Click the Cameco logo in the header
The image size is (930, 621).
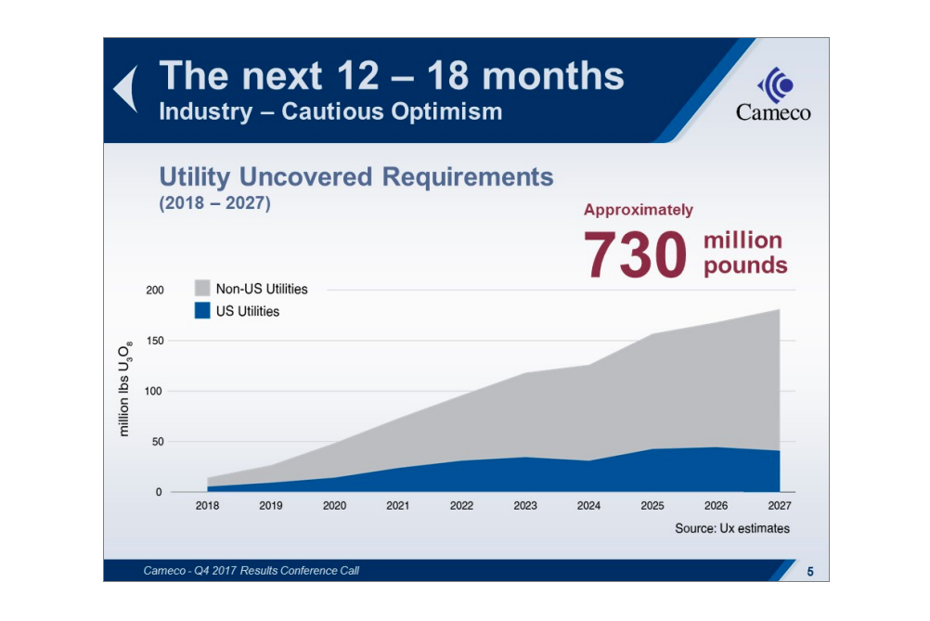point(773,96)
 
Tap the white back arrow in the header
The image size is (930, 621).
point(126,89)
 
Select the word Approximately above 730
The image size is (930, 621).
point(638,210)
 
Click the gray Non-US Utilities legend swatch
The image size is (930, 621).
point(201,289)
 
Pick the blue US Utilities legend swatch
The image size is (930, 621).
point(201,311)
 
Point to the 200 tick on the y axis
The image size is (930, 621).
point(154,291)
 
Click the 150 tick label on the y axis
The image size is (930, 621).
point(154,342)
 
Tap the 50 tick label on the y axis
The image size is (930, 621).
point(157,442)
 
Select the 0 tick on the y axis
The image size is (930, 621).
point(159,492)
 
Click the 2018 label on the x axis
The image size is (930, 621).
point(207,506)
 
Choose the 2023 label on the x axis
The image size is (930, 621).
point(525,506)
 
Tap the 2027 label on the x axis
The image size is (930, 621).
point(780,506)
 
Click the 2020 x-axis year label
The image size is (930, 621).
point(334,506)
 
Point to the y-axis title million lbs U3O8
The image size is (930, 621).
point(126,388)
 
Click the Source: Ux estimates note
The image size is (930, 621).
point(732,528)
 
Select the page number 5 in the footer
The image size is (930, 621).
point(809,571)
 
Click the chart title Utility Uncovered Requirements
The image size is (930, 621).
point(355,177)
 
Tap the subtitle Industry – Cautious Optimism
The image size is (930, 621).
point(330,112)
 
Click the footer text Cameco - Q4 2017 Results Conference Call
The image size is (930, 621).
point(251,571)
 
